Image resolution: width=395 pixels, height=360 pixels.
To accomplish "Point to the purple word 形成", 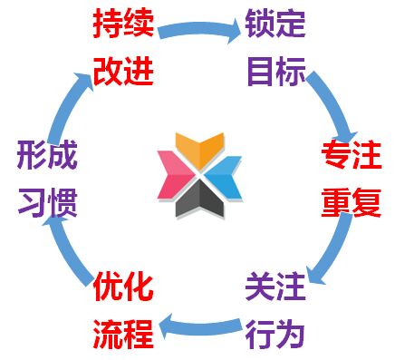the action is point(46,155).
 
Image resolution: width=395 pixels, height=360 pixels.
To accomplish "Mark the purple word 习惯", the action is point(46,200).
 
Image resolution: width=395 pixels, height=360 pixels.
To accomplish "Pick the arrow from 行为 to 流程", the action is point(198,322).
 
